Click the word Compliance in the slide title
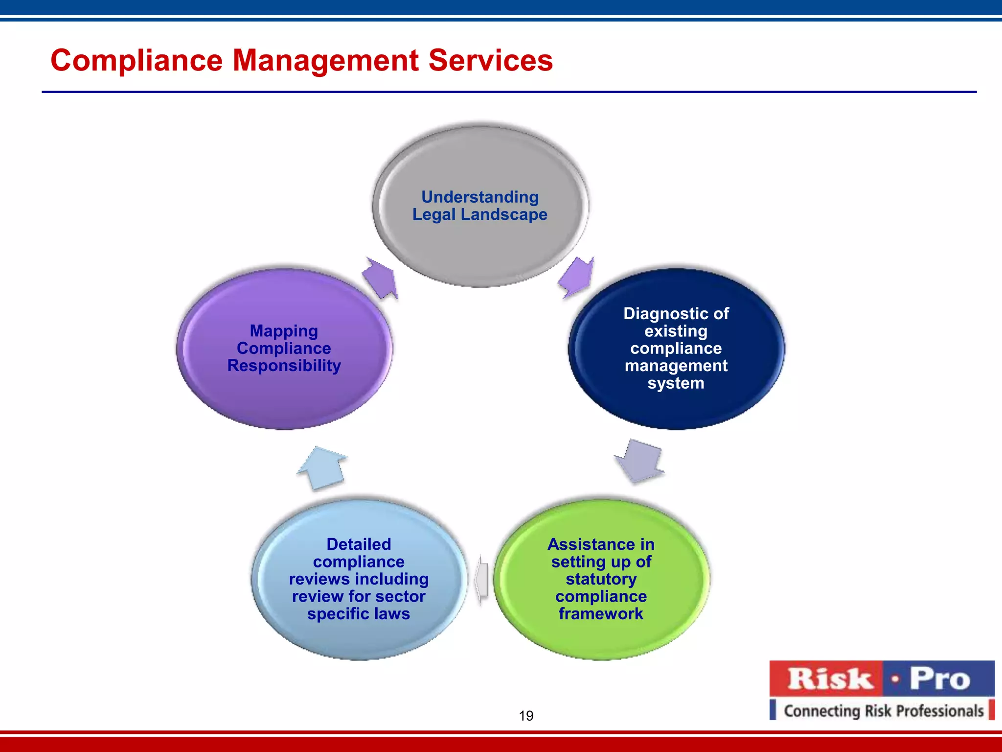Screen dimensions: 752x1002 point(137,61)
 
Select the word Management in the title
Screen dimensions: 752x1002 point(325,61)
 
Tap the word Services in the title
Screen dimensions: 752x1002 point(490,61)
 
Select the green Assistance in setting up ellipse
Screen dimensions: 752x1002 point(601,636)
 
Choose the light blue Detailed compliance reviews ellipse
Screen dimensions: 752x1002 point(359,636)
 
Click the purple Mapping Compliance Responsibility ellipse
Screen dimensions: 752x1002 point(284,397)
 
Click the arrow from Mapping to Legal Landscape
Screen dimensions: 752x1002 point(381,278)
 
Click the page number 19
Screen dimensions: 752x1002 point(526,716)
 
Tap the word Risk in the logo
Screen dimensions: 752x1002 point(830,679)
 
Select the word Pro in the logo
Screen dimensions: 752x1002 point(939,679)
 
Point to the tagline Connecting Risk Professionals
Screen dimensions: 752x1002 point(883,711)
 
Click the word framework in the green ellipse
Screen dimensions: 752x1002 point(601,614)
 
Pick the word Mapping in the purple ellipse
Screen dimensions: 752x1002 point(284,331)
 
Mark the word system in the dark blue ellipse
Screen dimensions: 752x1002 point(676,383)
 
